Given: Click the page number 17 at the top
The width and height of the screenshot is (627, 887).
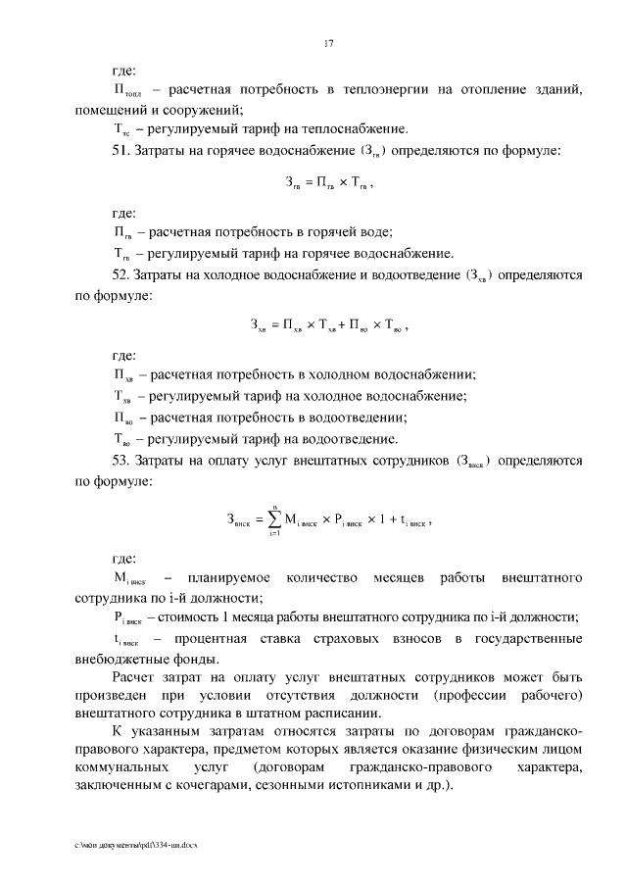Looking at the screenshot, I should [329, 43].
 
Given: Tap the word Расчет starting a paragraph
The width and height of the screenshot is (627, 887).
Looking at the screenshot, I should [134, 677].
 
